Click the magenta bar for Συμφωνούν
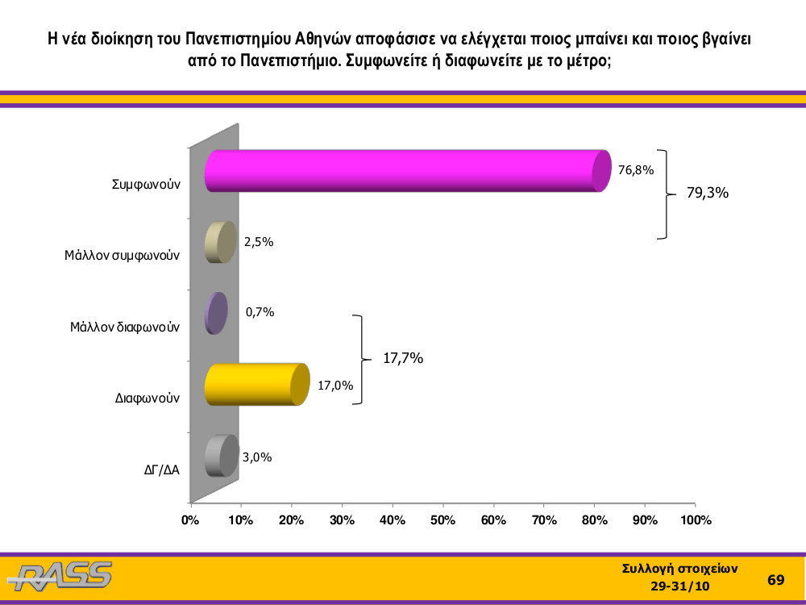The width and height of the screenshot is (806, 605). click(x=408, y=171)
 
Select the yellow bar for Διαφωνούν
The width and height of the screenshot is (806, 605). click(x=257, y=384)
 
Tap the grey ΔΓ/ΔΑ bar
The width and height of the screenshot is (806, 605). click(x=222, y=456)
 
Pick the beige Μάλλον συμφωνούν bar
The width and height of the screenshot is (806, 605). click(x=221, y=242)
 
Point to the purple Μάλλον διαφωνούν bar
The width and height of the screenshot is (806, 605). click(x=216, y=313)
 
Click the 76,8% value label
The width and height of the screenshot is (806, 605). click(x=636, y=169)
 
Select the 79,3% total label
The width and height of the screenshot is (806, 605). click(x=708, y=193)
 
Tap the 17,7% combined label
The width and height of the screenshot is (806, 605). click(x=403, y=358)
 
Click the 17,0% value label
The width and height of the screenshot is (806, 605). click(x=335, y=386)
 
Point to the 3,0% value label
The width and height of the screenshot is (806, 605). click(x=257, y=457)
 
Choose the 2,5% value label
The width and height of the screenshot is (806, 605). click(x=259, y=242)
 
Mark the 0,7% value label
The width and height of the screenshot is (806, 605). click(x=260, y=311)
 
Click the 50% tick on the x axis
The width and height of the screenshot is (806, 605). click(x=442, y=520)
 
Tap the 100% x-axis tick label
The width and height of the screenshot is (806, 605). click(x=696, y=520)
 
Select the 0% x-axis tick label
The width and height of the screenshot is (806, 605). click(x=191, y=520)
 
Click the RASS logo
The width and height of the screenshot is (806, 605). click(x=60, y=576)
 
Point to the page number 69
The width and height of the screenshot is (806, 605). click(x=775, y=580)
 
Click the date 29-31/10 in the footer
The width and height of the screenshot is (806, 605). click(x=680, y=586)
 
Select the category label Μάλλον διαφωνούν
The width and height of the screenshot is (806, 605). click(x=125, y=327)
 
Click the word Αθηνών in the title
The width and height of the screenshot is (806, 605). click(x=323, y=39)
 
